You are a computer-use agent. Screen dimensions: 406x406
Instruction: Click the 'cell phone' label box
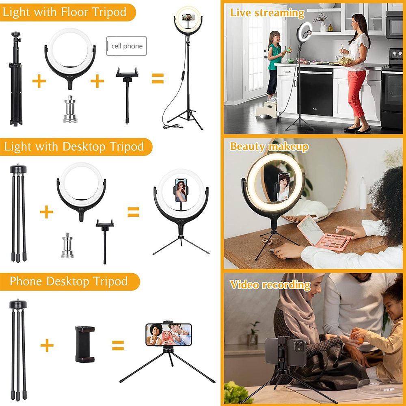pos(126,46)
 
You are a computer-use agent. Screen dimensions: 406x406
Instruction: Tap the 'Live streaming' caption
pos(267,13)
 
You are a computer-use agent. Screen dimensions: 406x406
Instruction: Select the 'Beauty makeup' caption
pos(269,147)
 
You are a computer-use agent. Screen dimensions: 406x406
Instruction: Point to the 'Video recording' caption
pos(270,285)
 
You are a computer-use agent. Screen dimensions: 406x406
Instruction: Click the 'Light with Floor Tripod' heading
pos(65,12)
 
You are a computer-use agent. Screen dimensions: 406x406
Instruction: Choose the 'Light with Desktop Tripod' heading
pos(74,147)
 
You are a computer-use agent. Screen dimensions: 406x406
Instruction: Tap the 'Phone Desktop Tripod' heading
pos(69,281)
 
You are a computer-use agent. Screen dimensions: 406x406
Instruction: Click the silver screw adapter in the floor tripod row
pos(70,109)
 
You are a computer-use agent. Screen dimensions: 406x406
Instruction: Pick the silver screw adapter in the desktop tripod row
pos(67,246)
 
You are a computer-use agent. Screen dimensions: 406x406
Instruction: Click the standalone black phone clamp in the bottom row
pos(85,344)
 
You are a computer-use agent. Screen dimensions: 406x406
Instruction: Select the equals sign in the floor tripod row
pos(158,78)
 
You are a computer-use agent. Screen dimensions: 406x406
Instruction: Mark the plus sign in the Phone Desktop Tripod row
pos(47,345)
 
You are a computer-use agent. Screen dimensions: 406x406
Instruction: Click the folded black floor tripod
pos(16,79)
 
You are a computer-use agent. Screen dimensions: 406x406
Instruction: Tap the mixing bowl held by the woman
pos(345,60)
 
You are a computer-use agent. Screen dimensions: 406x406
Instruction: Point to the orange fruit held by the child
pos(357,336)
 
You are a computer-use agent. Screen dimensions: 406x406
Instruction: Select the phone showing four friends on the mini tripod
pos(168,334)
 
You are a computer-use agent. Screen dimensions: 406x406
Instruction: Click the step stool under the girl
pos(266,110)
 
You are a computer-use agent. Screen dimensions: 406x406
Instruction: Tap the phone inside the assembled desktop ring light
pos(181,190)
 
